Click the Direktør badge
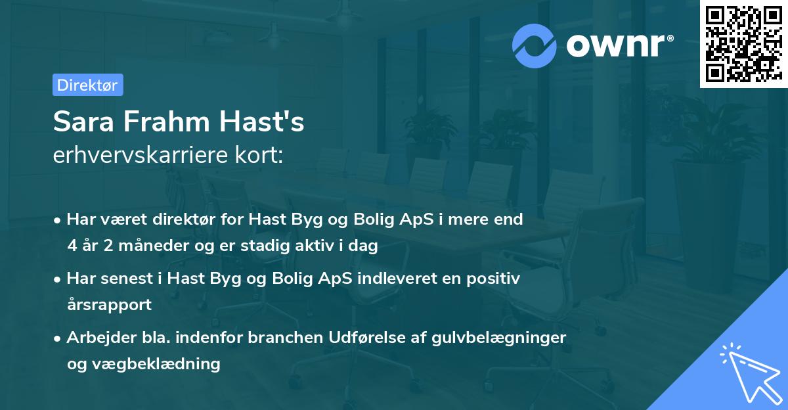pos(87,85)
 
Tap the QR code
pos(743,43)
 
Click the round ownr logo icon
pos(535,45)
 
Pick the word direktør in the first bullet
pos(175,219)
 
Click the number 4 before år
pos(72,246)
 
